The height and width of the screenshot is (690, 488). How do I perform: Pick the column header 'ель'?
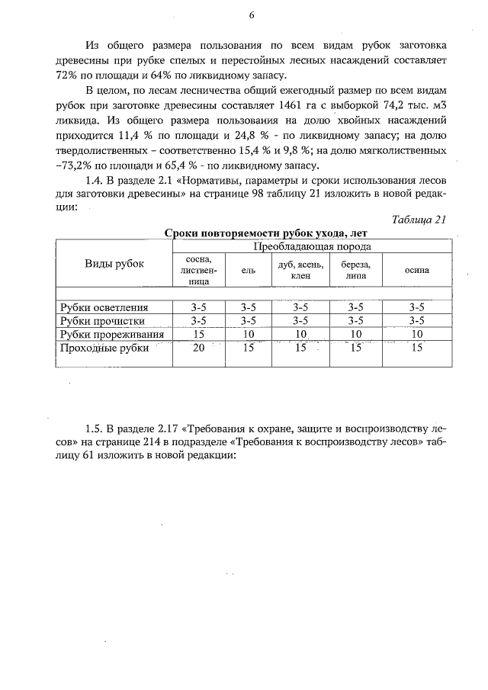pyautogui.click(x=247, y=270)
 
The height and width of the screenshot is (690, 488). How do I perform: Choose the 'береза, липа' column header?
pyautogui.click(x=356, y=270)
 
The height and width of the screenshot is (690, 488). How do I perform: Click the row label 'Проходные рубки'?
pyautogui.click(x=104, y=348)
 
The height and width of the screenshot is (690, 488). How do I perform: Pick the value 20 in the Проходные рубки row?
pyautogui.click(x=199, y=348)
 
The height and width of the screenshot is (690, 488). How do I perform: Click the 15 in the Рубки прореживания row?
pyautogui.click(x=199, y=334)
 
